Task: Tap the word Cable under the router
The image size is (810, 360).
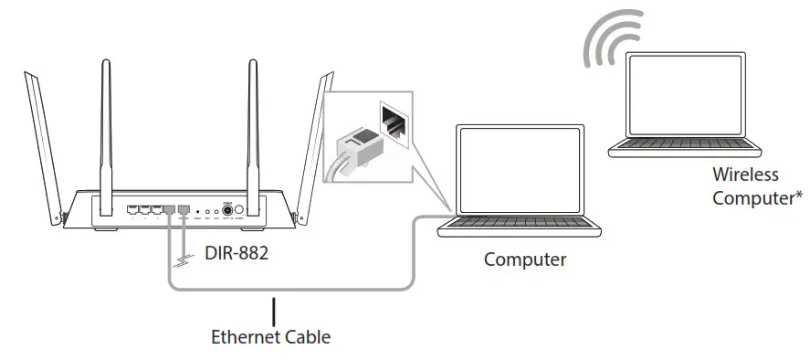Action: pos(306,337)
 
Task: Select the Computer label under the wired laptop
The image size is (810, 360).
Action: pos(524,260)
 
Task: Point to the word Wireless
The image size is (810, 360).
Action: pos(746,175)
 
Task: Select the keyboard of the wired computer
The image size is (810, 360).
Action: pos(526,226)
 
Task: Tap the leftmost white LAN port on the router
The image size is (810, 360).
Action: pos(133,210)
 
